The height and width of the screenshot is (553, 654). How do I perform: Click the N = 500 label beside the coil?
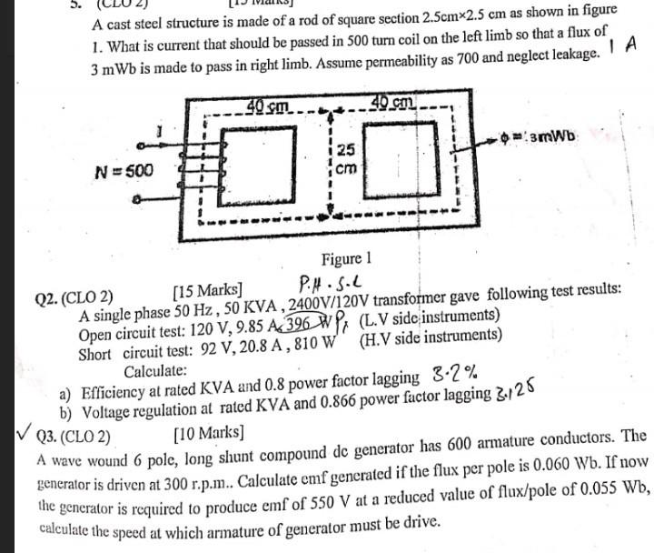click(x=125, y=170)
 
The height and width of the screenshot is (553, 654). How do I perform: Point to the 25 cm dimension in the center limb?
click(x=346, y=158)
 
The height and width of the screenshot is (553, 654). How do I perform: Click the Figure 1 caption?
click(x=346, y=259)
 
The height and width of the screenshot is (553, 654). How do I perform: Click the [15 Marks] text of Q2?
click(x=207, y=292)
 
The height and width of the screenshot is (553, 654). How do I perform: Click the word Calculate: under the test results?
click(x=156, y=370)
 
